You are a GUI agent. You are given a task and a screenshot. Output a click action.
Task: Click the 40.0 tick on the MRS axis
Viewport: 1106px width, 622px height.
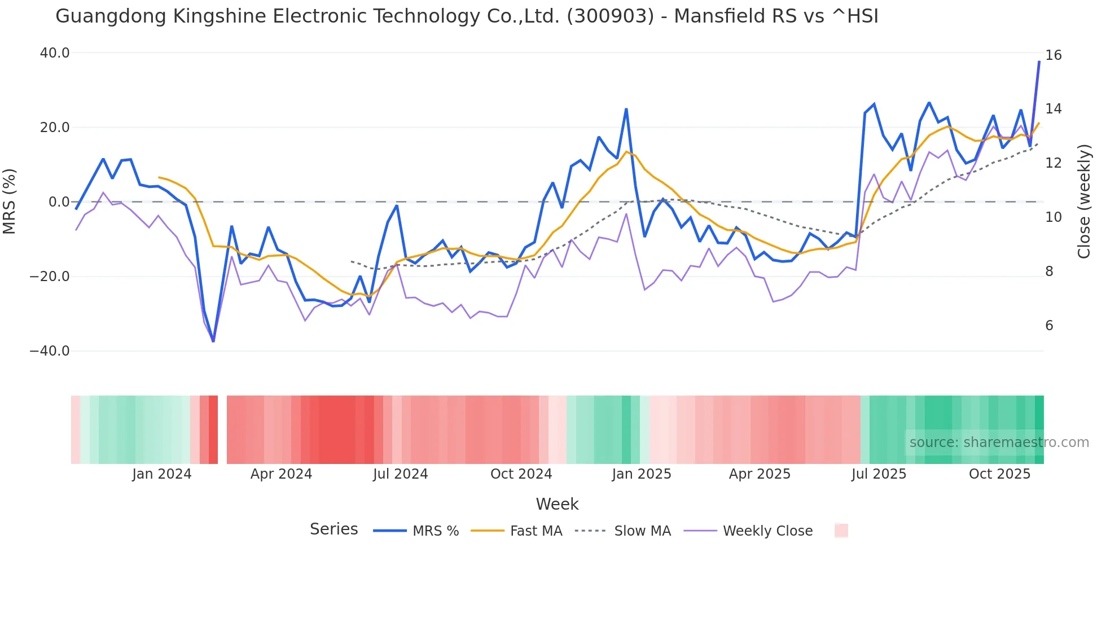[x=55, y=53]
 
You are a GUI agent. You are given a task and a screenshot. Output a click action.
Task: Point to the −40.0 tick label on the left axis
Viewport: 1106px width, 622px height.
[x=50, y=351]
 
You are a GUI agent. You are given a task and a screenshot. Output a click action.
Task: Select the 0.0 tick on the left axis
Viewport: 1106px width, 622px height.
[x=59, y=202]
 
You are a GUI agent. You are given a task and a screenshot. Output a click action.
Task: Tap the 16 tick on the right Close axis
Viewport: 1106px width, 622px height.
[x=1053, y=55]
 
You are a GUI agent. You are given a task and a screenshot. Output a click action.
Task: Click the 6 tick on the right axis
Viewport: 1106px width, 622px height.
[x=1049, y=326]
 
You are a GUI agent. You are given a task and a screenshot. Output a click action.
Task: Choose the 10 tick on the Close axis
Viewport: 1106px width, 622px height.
[x=1053, y=217]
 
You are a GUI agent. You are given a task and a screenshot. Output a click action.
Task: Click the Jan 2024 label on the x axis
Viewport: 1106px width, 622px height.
[x=162, y=474]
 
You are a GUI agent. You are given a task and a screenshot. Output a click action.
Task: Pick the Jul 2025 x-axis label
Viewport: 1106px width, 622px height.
[x=879, y=474]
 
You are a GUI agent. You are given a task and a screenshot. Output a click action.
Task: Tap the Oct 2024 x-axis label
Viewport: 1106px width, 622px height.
[x=521, y=474]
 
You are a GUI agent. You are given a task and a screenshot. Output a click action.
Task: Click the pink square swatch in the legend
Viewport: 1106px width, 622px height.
[x=841, y=531]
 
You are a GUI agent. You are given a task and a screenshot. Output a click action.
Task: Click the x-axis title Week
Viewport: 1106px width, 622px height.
[x=557, y=504]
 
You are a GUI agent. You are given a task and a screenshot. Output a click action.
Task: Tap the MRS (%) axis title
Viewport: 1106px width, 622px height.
[x=10, y=202]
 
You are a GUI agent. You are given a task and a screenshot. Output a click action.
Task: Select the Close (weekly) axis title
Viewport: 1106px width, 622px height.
[x=1083, y=202]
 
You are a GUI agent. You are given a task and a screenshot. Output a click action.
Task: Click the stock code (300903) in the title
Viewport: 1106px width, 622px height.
[x=611, y=16]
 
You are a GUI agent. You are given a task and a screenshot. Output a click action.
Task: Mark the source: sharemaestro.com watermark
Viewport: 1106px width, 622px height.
[x=999, y=443]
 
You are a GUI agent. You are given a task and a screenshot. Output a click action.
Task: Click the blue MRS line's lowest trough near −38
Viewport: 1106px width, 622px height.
[x=213, y=341]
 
